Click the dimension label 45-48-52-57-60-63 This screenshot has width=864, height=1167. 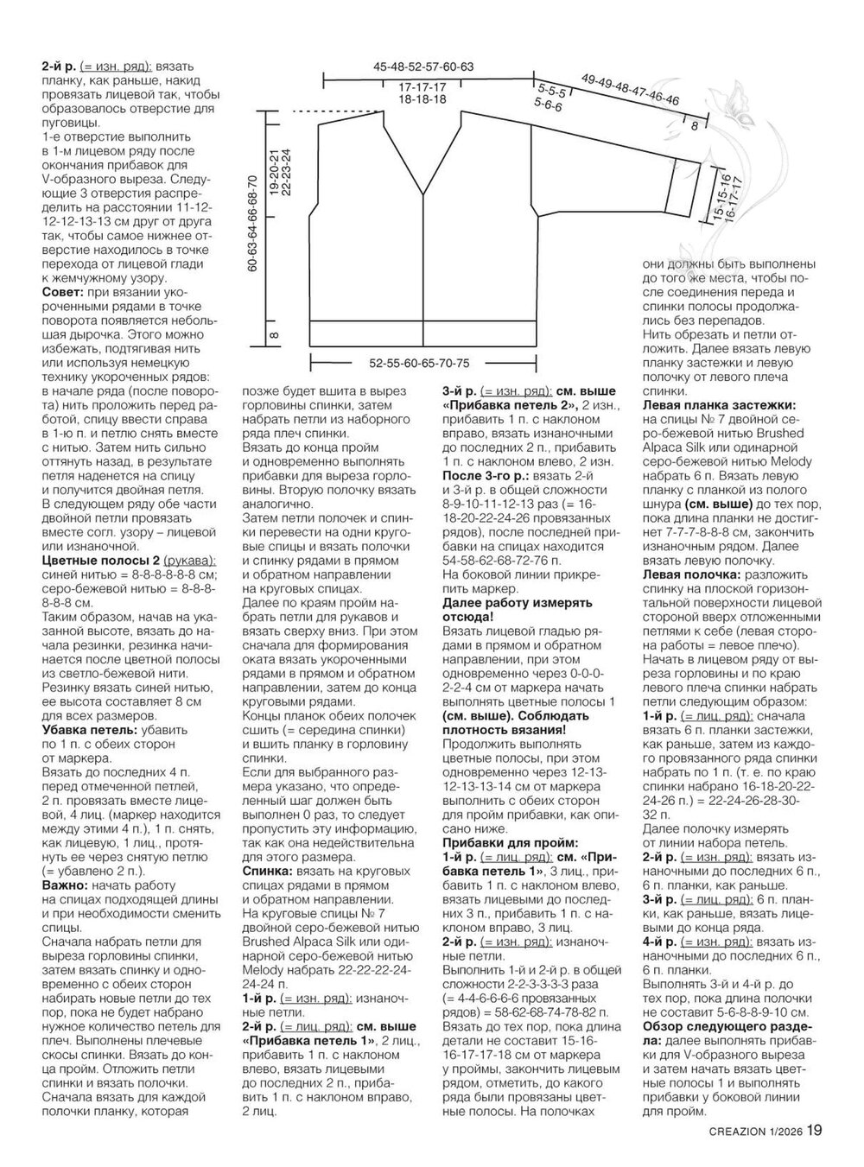click(x=423, y=67)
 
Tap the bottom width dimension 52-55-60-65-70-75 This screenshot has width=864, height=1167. click(x=419, y=363)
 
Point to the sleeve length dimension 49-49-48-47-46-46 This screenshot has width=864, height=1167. click(x=630, y=89)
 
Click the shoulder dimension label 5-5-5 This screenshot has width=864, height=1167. click(x=550, y=91)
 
